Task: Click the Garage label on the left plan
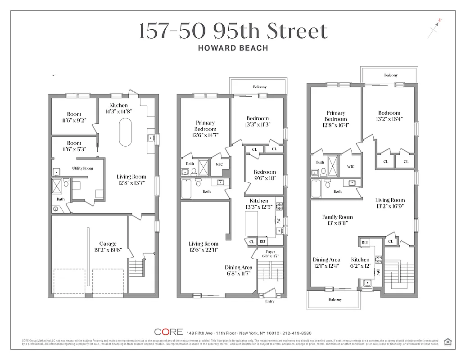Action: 108,243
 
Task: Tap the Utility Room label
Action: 82,168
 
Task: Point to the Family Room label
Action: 337,217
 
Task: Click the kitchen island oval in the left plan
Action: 126,131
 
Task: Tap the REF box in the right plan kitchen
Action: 365,242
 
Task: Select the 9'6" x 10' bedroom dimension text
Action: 265,178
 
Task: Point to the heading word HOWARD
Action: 214,48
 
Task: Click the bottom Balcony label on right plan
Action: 335,299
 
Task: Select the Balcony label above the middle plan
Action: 259,87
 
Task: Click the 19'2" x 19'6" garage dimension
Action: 108,250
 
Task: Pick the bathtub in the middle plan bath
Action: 186,189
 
